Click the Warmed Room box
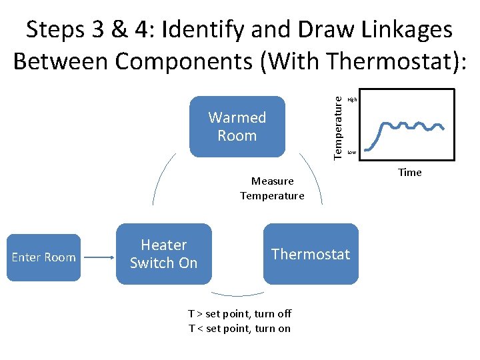[x=237, y=126]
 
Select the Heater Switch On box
[x=163, y=254]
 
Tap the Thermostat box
[x=311, y=254]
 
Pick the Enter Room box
[x=43, y=257]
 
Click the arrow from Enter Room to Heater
[x=98, y=257]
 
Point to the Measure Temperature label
[x=272, y=189]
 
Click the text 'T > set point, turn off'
[x=239, y=313]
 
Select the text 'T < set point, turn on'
[x=239, y=328]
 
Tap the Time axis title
[x=409, y=173]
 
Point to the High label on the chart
[x=352, y=99]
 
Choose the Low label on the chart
[x=351, y=153]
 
